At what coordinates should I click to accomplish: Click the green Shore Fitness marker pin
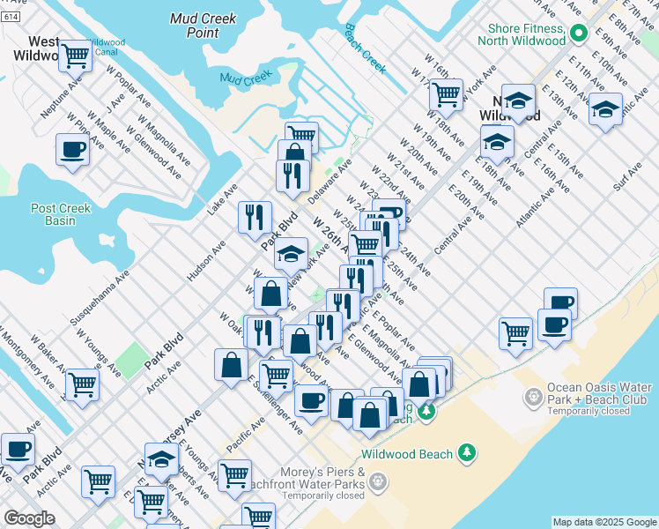click(x=579, y=34)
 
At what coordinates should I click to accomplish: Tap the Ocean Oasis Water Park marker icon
click(x=533, y=399)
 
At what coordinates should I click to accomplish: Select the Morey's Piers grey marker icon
click(x=378, y=481)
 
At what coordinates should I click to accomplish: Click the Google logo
click(x=29, y=518)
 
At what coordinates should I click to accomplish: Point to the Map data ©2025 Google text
click(x=603, y=522)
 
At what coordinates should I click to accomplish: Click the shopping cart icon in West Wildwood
click(x=75, y=56)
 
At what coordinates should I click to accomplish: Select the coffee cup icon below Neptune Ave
click(x=71, y=149)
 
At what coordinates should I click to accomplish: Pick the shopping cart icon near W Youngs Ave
click(x=82, y=384)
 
